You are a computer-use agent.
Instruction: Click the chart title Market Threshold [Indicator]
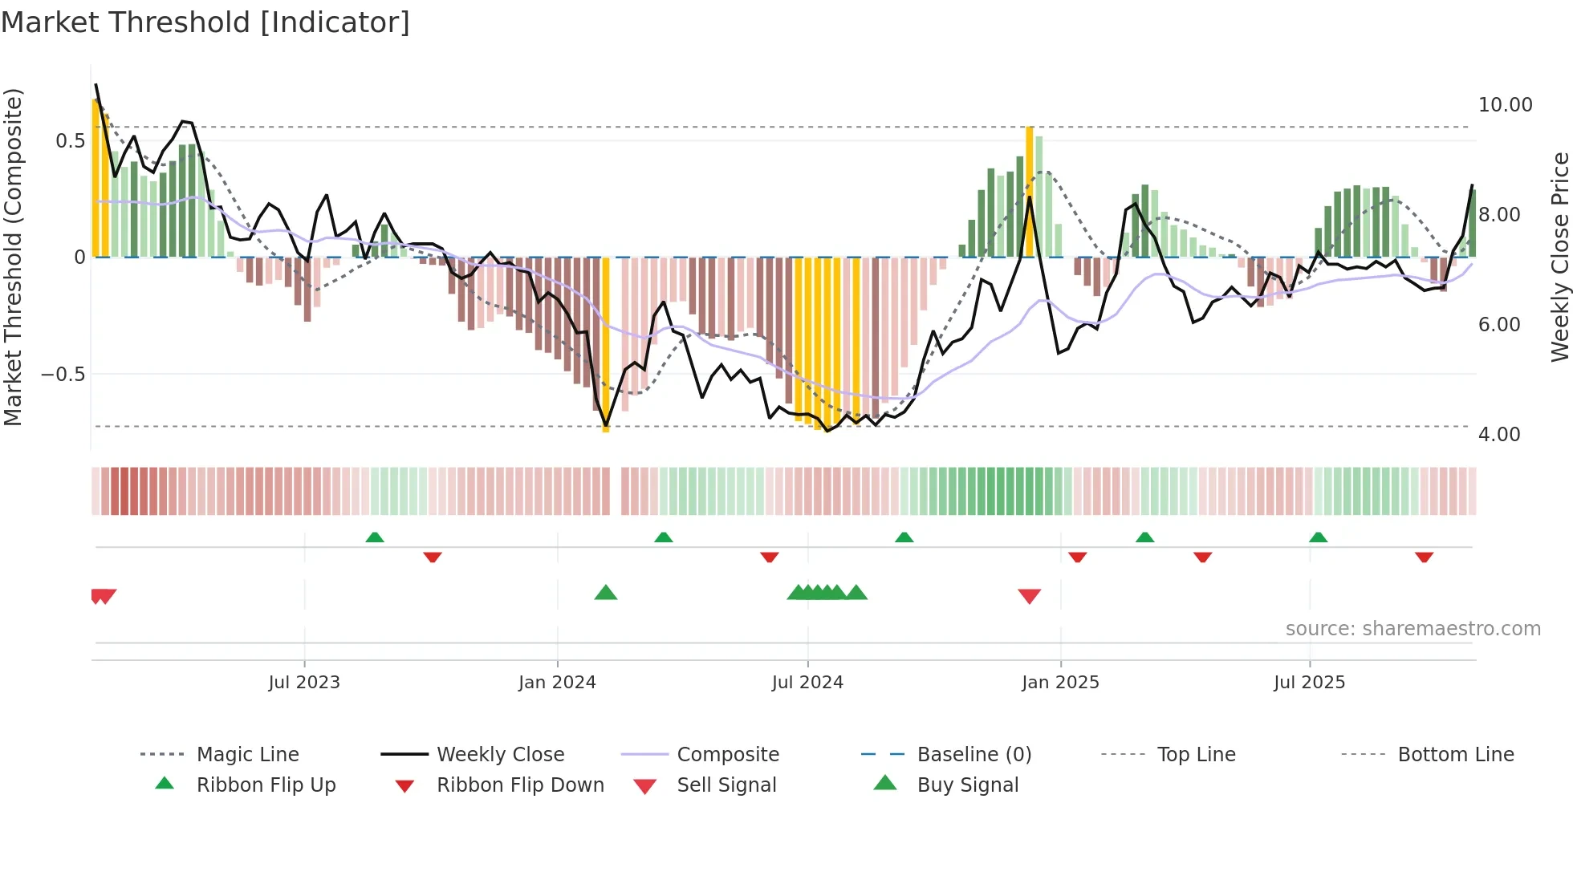(x=205, y=22)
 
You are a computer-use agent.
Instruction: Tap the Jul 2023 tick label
(x=304, y=683)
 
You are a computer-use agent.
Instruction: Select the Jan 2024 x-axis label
(x=557, y=683)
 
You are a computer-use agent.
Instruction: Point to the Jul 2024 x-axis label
(x=807, y=683)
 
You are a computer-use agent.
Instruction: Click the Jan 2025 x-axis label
(x=1060, y=683)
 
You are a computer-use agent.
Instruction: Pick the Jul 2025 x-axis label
(x=1309, y=683)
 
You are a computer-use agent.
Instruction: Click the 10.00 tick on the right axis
(x=1505, y=105)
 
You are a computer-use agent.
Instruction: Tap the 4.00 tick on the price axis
(x=1498, y=435)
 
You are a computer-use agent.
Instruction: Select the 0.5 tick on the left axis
(x=70, y=141)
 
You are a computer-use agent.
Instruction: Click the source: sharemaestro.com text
(x=1412, y=629)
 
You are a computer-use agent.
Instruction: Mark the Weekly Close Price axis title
(x=1559, y=257)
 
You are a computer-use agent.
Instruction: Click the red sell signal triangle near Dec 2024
(x=1029, y=596)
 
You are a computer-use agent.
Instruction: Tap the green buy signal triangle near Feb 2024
(x=606, y=593)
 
